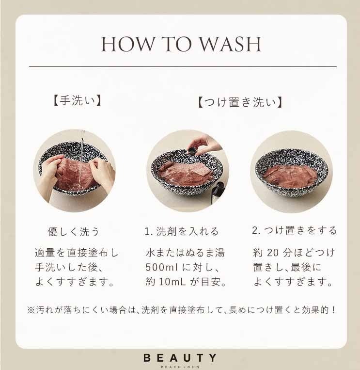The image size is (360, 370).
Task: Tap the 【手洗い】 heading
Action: (77, 100)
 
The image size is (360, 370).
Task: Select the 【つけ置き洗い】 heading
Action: (240, 102)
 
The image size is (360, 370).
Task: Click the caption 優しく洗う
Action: (73, 231)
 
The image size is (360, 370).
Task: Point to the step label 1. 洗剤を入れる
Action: (182, 231)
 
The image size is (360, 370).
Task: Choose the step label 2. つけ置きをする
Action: (294, 230)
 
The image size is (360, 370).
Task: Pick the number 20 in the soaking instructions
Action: (273, 253)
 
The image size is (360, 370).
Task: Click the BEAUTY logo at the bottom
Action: (180, 358)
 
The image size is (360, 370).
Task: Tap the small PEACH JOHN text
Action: (180, 367)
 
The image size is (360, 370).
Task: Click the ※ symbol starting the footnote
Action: (31, 310)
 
